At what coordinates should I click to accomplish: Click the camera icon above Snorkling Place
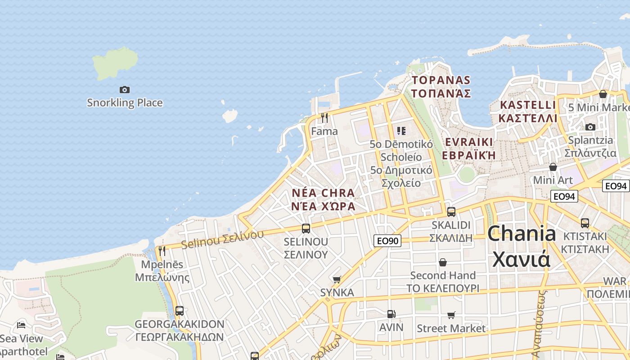[x=125, y=90]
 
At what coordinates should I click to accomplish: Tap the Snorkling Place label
[x=125, y=103]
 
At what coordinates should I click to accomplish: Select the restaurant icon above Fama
[x=324, y=118]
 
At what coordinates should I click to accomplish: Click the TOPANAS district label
[x=441, y=87]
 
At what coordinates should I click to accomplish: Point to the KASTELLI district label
[x=528, y=112]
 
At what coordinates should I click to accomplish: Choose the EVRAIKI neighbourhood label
[x=468, y=148]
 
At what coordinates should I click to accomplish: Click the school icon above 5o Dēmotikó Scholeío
[x=401, y=131]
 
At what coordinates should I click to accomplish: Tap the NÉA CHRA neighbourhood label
[x=324, y=199]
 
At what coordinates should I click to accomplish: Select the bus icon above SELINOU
[x=306, y=228]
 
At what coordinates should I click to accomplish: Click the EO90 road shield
[x=387, y=241]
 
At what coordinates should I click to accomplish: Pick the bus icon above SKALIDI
[x=451, y=211]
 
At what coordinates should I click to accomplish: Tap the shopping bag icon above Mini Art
[x=553, y=167]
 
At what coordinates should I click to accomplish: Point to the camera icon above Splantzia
[x=590, y=127]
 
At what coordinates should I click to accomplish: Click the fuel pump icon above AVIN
[x=391, y=314]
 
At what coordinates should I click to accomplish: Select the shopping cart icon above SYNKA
[x=337, y=279]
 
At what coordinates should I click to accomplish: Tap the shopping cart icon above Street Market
[x=451, y=315]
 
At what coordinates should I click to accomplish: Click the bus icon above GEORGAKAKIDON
[x=179, y=310]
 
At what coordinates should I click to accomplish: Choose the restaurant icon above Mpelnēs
[x=162, y=251]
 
